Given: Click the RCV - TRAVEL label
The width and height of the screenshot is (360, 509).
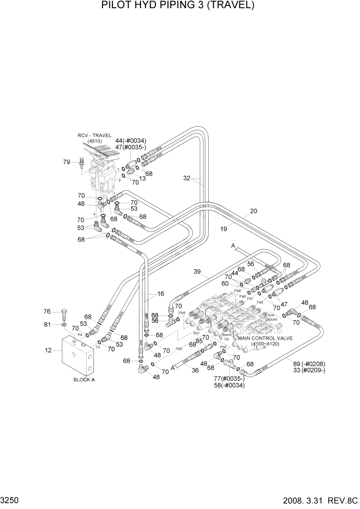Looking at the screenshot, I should pos(94,135).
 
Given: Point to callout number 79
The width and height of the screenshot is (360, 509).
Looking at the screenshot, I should pos(67,162).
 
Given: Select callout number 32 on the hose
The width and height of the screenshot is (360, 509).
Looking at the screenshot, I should pos(187,179).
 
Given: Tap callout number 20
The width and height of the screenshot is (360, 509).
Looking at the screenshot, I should pos(253,211).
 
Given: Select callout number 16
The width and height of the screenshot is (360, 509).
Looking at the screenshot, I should pos(161,294).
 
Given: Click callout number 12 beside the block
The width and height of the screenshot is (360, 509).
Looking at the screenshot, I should pos(49,350).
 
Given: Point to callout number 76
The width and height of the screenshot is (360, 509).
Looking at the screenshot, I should pos(47,311).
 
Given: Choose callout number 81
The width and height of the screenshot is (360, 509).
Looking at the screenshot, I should pos(47,324).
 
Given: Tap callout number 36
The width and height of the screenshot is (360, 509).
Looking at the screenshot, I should pos(195,370).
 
